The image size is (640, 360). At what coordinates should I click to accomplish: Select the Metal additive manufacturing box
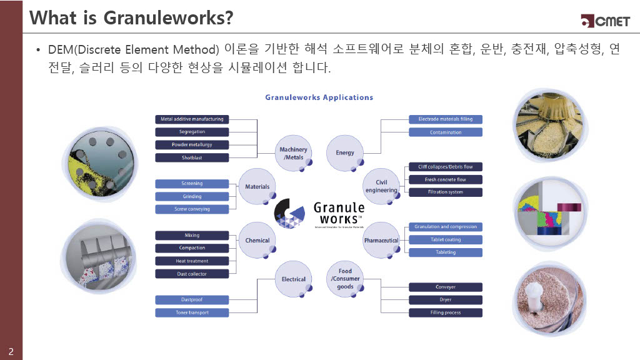(192, 119)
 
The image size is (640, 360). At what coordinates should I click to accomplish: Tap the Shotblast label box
(192, 157)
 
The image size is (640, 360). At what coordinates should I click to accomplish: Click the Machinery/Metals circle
(293, 153)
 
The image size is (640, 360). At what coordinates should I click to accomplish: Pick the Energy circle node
(345, 152)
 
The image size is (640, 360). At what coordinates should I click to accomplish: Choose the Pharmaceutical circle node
(381, 240)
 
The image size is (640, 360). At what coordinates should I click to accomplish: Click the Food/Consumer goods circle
(345, 279)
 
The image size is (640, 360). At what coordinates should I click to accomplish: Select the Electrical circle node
(293, 279)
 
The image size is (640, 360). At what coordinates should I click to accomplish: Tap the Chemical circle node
(257, 240)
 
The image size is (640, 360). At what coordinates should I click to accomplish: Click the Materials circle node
(257, 186)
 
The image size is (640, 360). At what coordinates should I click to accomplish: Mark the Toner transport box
(192, 312)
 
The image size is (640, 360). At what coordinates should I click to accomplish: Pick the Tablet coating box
(446, 239)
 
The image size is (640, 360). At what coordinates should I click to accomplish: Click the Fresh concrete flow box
(446, 179)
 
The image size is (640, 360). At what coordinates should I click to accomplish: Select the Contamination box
(446, 132)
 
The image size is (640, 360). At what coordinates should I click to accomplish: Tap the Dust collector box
(192, 274)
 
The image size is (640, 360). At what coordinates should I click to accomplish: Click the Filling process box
(446, 312)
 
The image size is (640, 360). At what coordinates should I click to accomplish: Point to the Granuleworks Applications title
(319, 97)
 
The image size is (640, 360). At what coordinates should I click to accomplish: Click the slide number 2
(11, 349)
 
